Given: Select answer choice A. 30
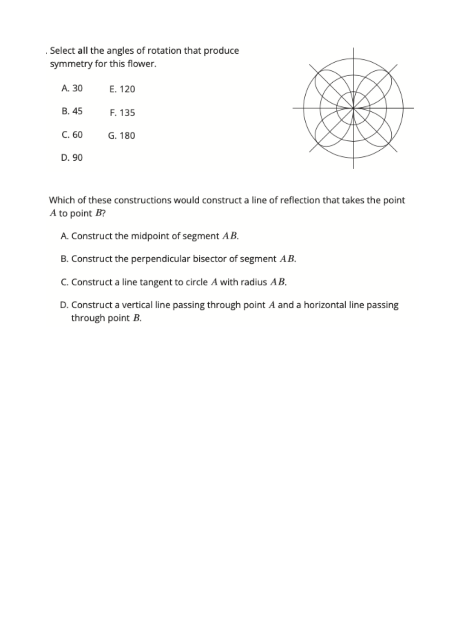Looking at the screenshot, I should point(72,88).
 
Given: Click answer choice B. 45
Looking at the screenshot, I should point(72,111).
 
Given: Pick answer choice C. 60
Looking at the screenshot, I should point(72,135).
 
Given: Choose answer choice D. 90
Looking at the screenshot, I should point(72,157).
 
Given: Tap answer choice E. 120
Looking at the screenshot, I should point(122,89).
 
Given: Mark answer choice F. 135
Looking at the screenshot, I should point(122,113).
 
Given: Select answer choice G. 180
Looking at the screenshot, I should point(122,136).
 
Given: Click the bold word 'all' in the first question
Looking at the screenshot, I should point(82,50).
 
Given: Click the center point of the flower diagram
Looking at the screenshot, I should point(353,108).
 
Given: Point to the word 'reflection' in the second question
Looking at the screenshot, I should point(300,200).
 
